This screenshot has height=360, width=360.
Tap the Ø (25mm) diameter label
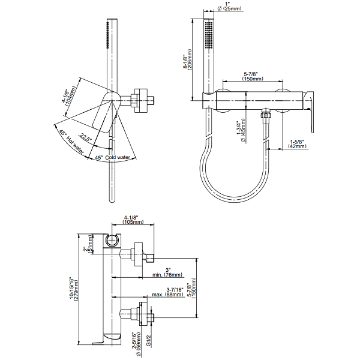(229, 9)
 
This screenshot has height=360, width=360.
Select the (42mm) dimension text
(297, 146)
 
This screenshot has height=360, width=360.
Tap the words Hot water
(75, 145)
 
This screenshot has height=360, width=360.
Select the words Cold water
(118, 157)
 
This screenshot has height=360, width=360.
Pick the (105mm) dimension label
(133, 222)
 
